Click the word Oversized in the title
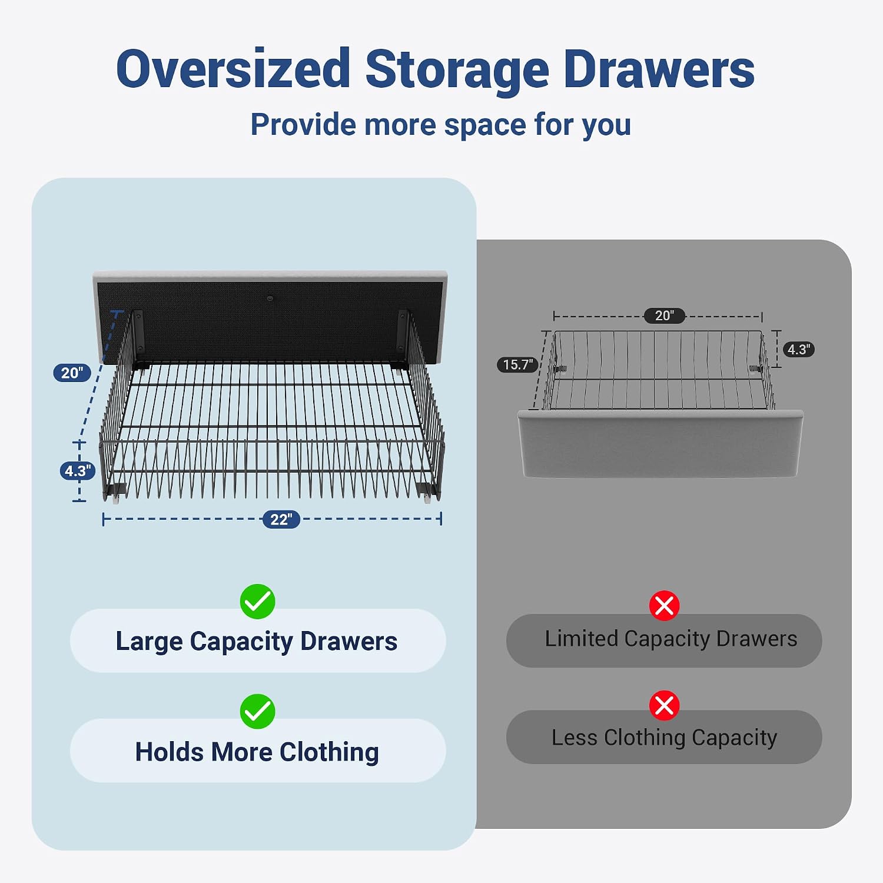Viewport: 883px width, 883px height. (234, 69)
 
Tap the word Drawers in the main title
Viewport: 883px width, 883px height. (659, 69)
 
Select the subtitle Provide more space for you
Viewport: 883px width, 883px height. (441, 125)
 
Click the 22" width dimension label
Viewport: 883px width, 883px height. (281, 519)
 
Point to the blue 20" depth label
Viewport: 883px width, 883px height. (72, 373)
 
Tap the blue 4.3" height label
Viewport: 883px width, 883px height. (78, 471)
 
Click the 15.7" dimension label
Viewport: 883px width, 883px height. (518, 364)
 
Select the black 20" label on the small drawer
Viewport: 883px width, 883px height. (665, 316)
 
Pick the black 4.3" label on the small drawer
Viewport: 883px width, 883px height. (799, 350)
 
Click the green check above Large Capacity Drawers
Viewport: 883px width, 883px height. (257, 602)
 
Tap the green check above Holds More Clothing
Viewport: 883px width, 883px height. (257, 711)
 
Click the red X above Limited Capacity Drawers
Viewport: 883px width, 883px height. (664, 606)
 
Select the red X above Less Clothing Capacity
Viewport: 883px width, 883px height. (664, 705)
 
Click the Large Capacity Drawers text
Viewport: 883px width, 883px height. (257, 641)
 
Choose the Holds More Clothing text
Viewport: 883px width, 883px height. (257, 752)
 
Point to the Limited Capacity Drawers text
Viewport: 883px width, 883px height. (671, 639)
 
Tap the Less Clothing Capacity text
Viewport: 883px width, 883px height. (664, 738)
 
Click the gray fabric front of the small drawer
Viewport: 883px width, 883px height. (660, 444)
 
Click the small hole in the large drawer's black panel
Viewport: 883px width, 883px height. (270, 298)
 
